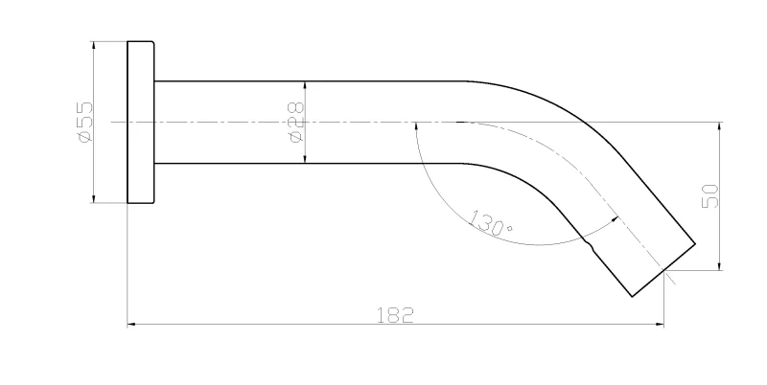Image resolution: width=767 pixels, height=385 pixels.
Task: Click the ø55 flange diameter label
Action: [84, 122]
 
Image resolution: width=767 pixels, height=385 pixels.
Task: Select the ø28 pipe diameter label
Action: [296, 123]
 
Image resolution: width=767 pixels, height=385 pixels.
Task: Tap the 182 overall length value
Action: [395, 315]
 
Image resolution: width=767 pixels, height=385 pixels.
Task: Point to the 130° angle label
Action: [491, 223]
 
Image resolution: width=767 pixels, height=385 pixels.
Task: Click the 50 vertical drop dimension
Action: [709, 196]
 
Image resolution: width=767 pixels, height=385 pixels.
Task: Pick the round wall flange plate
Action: [141, 122]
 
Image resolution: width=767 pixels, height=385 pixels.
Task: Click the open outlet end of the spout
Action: [663, 270]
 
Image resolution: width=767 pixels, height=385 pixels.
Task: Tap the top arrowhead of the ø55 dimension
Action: [93, 45]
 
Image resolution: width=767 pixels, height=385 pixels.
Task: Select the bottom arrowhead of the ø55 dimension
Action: [93, 199]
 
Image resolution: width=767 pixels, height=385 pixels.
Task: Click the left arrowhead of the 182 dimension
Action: [131, 324]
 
